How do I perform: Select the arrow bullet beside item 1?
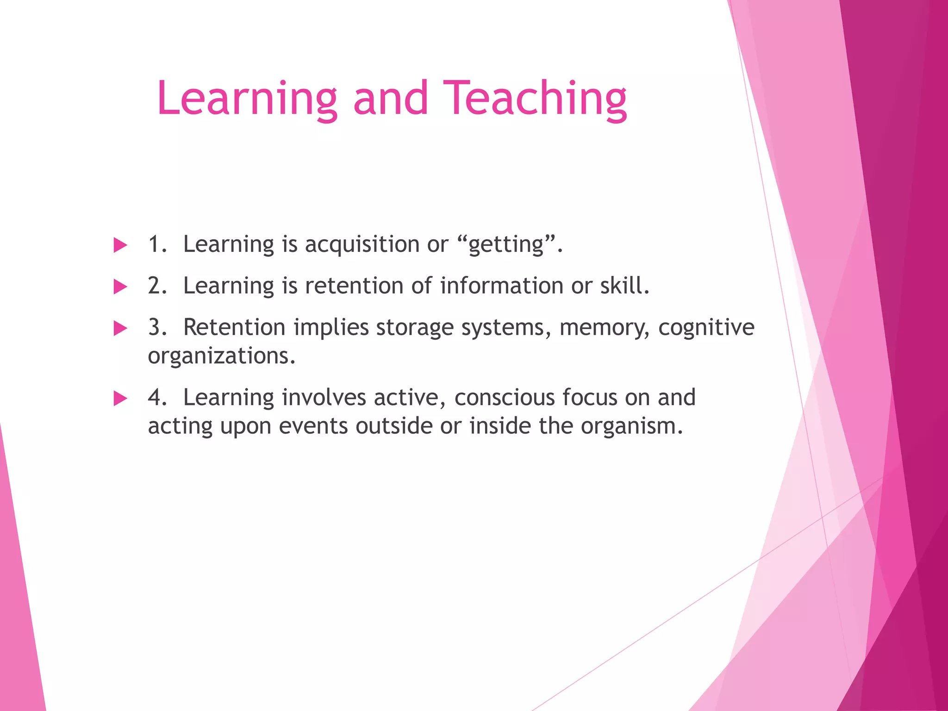(120, 245)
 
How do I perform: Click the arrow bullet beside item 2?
(120, 287)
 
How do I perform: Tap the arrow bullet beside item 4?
(120, 398)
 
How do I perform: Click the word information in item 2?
(501, 286)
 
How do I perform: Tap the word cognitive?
(706, 328)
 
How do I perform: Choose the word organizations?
(221, 356)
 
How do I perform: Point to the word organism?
(631, 426)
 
